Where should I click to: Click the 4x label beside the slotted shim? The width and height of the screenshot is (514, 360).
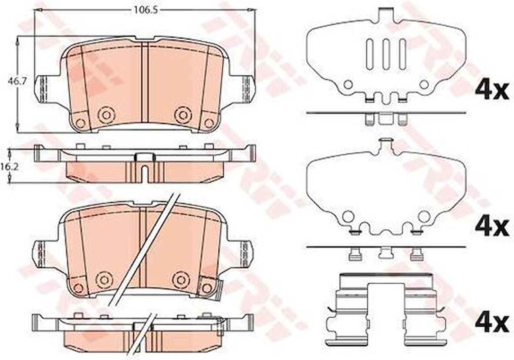point(491,90)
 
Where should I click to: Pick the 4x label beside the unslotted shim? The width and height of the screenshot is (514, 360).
point(491,226)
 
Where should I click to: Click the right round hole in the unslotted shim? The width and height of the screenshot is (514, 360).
point(423,216)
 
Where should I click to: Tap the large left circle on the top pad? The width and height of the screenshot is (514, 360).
point(105,115)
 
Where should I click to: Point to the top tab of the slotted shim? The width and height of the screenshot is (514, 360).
point(386,15)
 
